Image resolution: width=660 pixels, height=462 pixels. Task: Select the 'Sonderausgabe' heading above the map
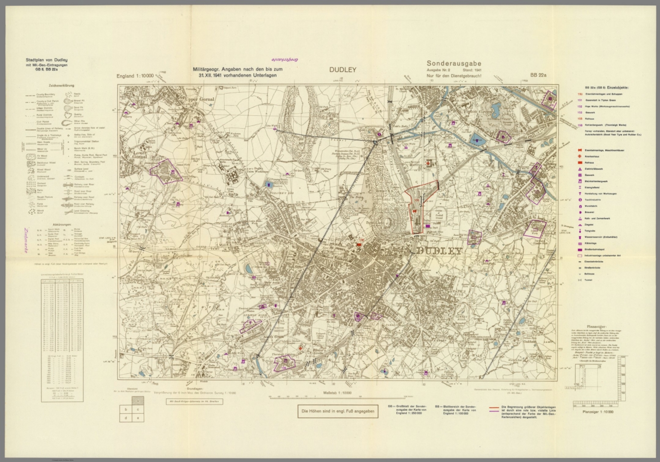(x=454, y=64)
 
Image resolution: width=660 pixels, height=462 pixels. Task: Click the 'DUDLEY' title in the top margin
(x=342, y=70)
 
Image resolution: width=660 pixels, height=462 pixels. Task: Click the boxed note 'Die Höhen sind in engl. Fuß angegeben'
(x=338, y=411)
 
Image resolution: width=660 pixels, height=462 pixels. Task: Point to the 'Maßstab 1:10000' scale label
(x=336, y=393)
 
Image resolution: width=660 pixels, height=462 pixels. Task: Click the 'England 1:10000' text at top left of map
(x=135, y=76)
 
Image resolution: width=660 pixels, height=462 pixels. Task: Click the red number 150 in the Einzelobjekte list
(x=580, y=94)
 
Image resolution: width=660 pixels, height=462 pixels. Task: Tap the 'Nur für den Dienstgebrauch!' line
(x=454, y=76)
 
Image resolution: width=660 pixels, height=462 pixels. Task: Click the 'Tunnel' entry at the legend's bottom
(x=587, y=280)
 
